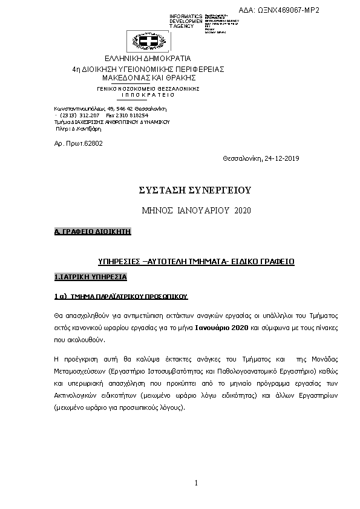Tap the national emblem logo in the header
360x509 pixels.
point(147,41)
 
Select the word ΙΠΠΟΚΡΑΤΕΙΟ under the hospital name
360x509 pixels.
point(148,95)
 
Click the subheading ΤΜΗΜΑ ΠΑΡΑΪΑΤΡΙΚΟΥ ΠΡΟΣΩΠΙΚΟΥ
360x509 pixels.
point(129,297)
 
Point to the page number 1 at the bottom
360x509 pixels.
point(197,482)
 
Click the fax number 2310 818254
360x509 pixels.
point(132,114)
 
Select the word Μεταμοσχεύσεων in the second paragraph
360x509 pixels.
point(79,371)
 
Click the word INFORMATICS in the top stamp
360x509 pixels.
point(186,16)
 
